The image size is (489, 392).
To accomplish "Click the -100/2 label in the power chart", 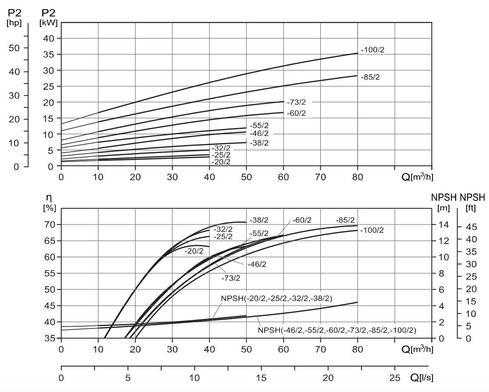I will point(372,50).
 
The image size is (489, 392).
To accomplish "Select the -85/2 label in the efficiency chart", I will point(345,220).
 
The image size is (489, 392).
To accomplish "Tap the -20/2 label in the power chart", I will point(221,162).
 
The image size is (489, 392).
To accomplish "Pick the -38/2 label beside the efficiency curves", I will point(259,220).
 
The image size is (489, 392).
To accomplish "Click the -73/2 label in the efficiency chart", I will point(230,278).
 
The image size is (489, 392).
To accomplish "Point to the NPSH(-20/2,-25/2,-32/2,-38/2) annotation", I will point(276,298).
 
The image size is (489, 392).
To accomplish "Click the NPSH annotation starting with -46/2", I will point(337,330).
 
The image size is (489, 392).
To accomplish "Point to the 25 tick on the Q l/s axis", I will point(395,378).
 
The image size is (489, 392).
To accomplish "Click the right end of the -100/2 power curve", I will point(358,53).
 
